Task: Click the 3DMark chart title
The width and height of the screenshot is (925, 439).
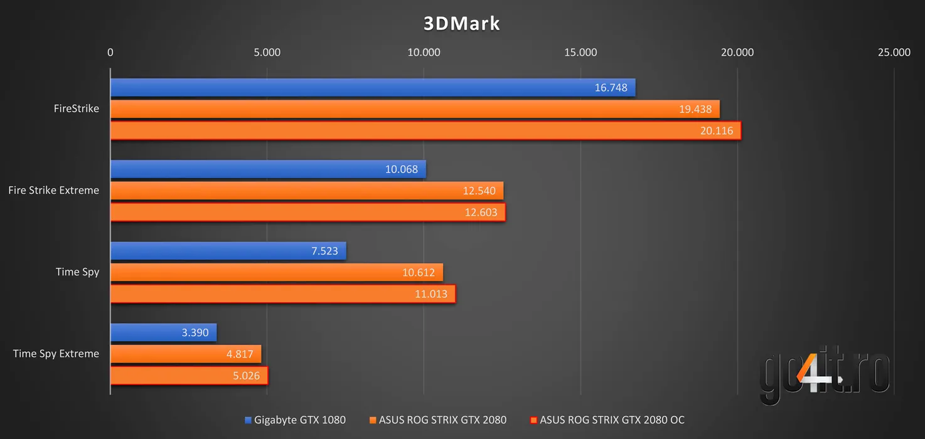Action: (x=462, y=24)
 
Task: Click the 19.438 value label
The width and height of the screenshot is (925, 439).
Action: (x=695, y=109)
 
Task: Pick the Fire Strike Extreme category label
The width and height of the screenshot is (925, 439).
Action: (x=53, y=190)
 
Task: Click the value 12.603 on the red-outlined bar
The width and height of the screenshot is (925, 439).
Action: (x=481, y=213)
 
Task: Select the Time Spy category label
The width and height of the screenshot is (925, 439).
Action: (x=77, y=272)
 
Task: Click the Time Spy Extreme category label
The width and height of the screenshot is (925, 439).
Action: (x=56, y=354)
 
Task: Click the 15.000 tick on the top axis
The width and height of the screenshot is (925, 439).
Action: (x=580, y=53)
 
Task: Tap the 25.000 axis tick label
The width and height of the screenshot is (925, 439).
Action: (x=894, y=53)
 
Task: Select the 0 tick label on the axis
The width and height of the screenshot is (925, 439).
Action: (x=110, y=53)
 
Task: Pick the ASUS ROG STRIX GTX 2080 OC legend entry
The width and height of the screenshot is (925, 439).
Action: (x=607, y=420)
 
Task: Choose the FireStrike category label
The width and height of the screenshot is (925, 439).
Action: (x=76, y=108)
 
